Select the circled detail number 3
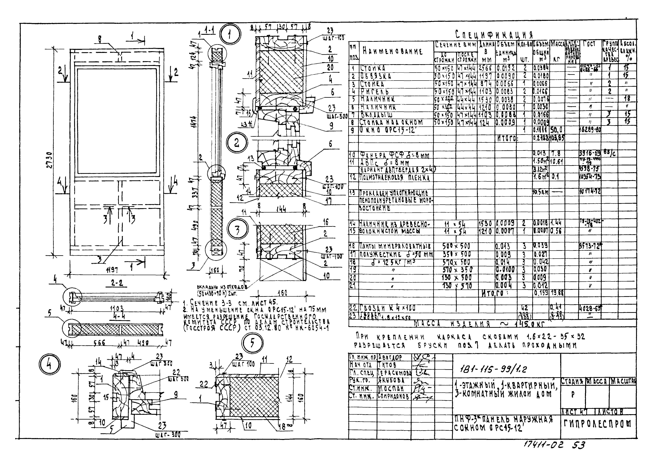click(237, 230)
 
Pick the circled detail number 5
click(252, 343)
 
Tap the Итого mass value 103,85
click(557, 138)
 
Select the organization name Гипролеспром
click(598, 423)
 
